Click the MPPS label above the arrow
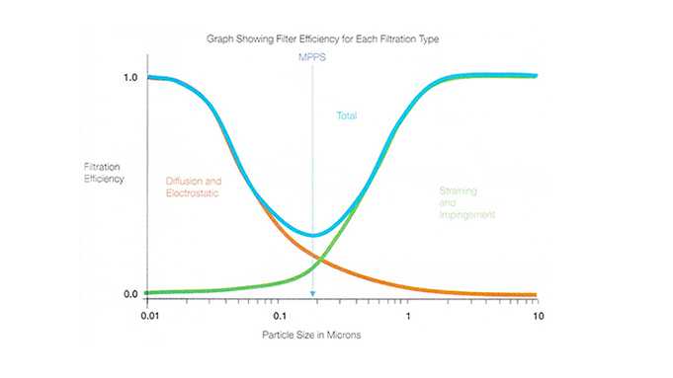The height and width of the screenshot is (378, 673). [x=312, y=58]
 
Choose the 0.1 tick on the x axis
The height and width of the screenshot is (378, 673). [x=278, y=316]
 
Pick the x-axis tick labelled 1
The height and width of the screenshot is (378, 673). [x=408, y=316]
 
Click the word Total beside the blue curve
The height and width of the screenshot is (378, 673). [x=346, y=116]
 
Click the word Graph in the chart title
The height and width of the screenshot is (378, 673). [x=220, y=39]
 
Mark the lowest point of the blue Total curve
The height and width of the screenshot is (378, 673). [x=312, y=235]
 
